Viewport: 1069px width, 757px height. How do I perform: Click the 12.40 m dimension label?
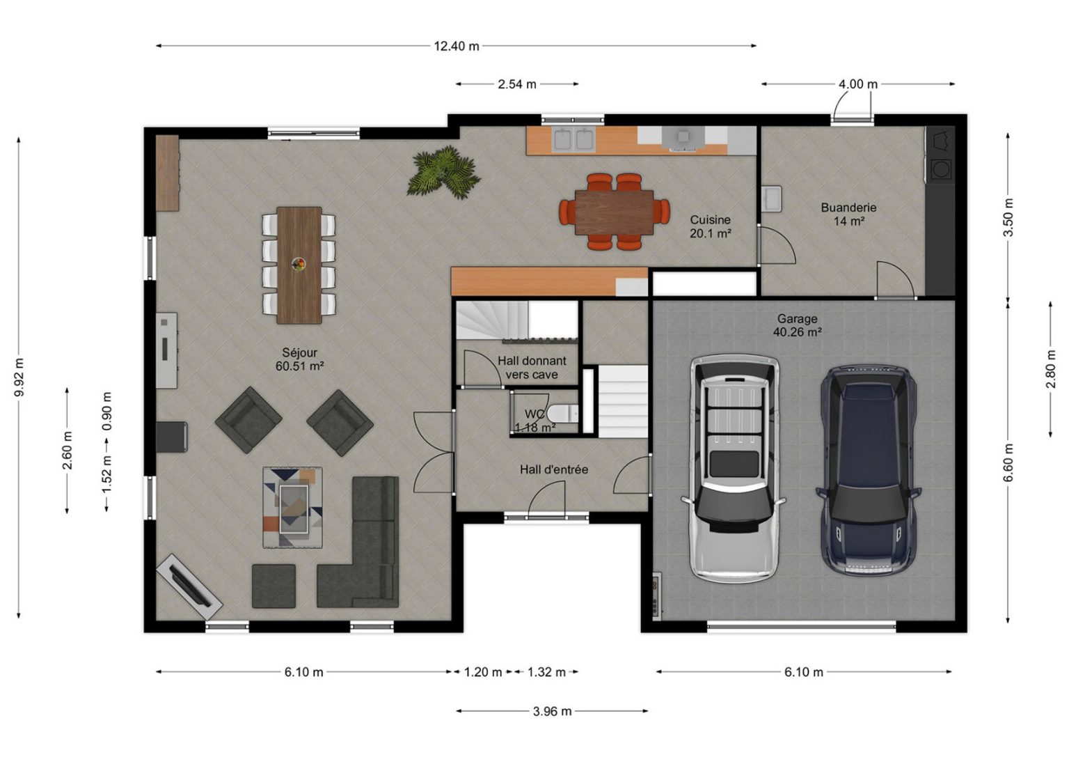click(x=457, y=47)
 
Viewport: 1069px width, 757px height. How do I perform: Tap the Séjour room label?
click(x=300, y=359)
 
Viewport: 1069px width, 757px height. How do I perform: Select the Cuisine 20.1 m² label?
click(x=711, y=226)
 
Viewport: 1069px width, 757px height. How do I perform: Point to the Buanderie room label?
click(x=848, y=214)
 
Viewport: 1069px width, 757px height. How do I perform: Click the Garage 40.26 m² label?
click(x=798, y=325)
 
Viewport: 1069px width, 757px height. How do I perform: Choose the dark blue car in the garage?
click(x=869, y=471)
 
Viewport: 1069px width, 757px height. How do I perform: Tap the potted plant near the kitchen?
click(x=443, y=172)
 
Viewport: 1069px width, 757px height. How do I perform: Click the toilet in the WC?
click(x=562, y=414)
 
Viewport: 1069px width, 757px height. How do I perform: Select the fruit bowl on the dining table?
click(x=299, y=264)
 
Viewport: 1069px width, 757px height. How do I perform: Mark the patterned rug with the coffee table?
click(x=292, y=507)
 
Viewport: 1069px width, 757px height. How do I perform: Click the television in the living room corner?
click(x=189, y=586)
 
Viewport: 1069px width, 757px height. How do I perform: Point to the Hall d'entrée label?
click(x=554, y=469)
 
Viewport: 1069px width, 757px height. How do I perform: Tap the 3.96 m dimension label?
click(x=552, y=712)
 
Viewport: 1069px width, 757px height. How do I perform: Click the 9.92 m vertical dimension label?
click(x=19, y=377)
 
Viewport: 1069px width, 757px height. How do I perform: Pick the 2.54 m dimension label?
click(x=517, y=84)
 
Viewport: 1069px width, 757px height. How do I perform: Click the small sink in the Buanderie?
click(x=771, y=198)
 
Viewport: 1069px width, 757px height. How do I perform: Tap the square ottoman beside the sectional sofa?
click(x=274, y=586)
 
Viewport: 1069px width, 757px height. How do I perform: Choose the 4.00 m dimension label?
click(x=858, y=84)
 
